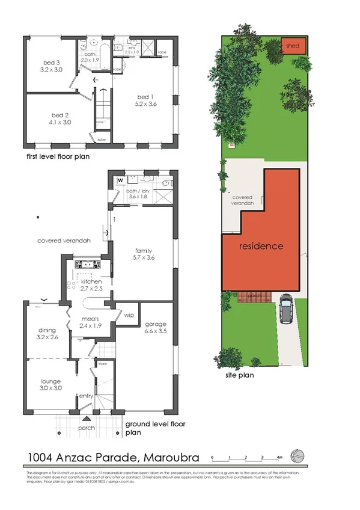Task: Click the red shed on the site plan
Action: (293, 46)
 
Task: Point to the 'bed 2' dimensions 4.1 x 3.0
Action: (58, 122)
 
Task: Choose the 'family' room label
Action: (142, 250)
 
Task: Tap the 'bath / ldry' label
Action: (139, 191)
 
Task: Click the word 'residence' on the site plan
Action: (261, 247)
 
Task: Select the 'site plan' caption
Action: (239, 375)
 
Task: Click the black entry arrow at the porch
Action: (85, 419)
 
